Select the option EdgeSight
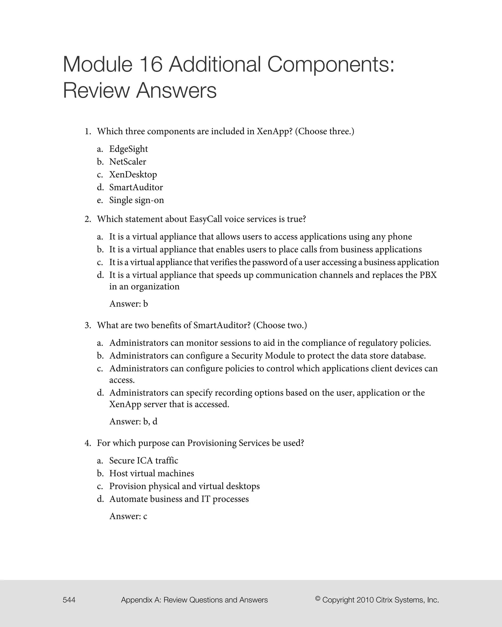point(128,149)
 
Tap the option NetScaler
point(127,162)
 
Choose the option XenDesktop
point(133,174)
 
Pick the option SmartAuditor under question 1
point(136,187)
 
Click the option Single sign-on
point(137,200)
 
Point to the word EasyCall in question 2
point(205,219)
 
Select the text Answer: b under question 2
point(129,304)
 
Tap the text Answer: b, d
point(133,422)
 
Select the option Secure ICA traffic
point(143,461)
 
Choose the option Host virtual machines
point(151,473)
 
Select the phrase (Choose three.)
point(325,132)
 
